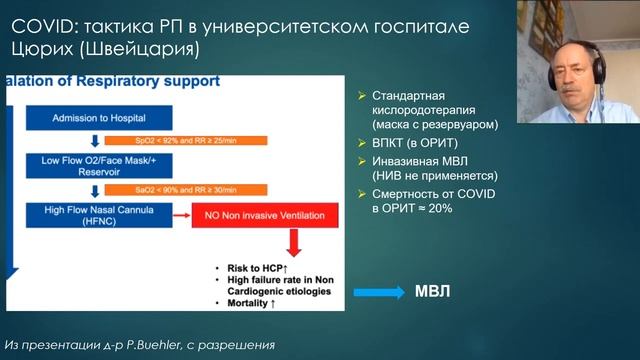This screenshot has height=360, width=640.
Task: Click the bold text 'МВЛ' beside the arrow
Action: pos(434,292)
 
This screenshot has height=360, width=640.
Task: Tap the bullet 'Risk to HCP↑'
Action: pos(251,269)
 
